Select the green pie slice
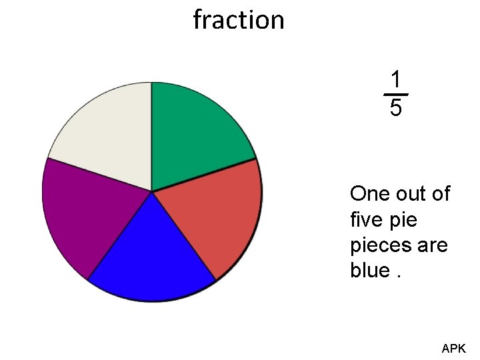(193, 133)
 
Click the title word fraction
(239, 20)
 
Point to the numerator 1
(396, 80)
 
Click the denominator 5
(396, 108)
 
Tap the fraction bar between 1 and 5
(396, 95)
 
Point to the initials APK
(454, 348)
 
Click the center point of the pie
(152, 192)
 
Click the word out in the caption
(412, 194)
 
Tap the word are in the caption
(433, 245)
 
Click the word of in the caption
(441, 194)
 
